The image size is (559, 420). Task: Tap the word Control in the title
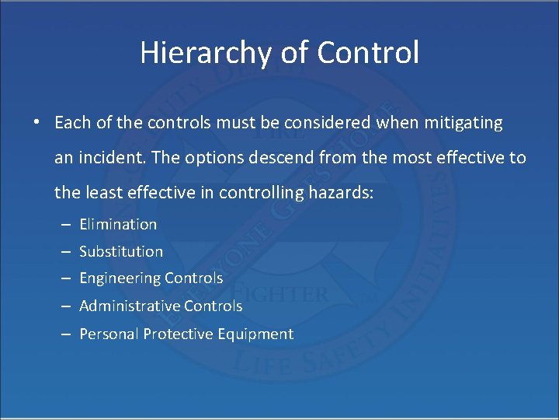(x=368, y=52)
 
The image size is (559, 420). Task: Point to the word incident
(x=114, y=158)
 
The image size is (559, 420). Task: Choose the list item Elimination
(x=118, y=224)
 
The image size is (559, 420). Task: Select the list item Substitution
(x=121, y=251)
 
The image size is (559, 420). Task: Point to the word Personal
(x=106, y=334)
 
